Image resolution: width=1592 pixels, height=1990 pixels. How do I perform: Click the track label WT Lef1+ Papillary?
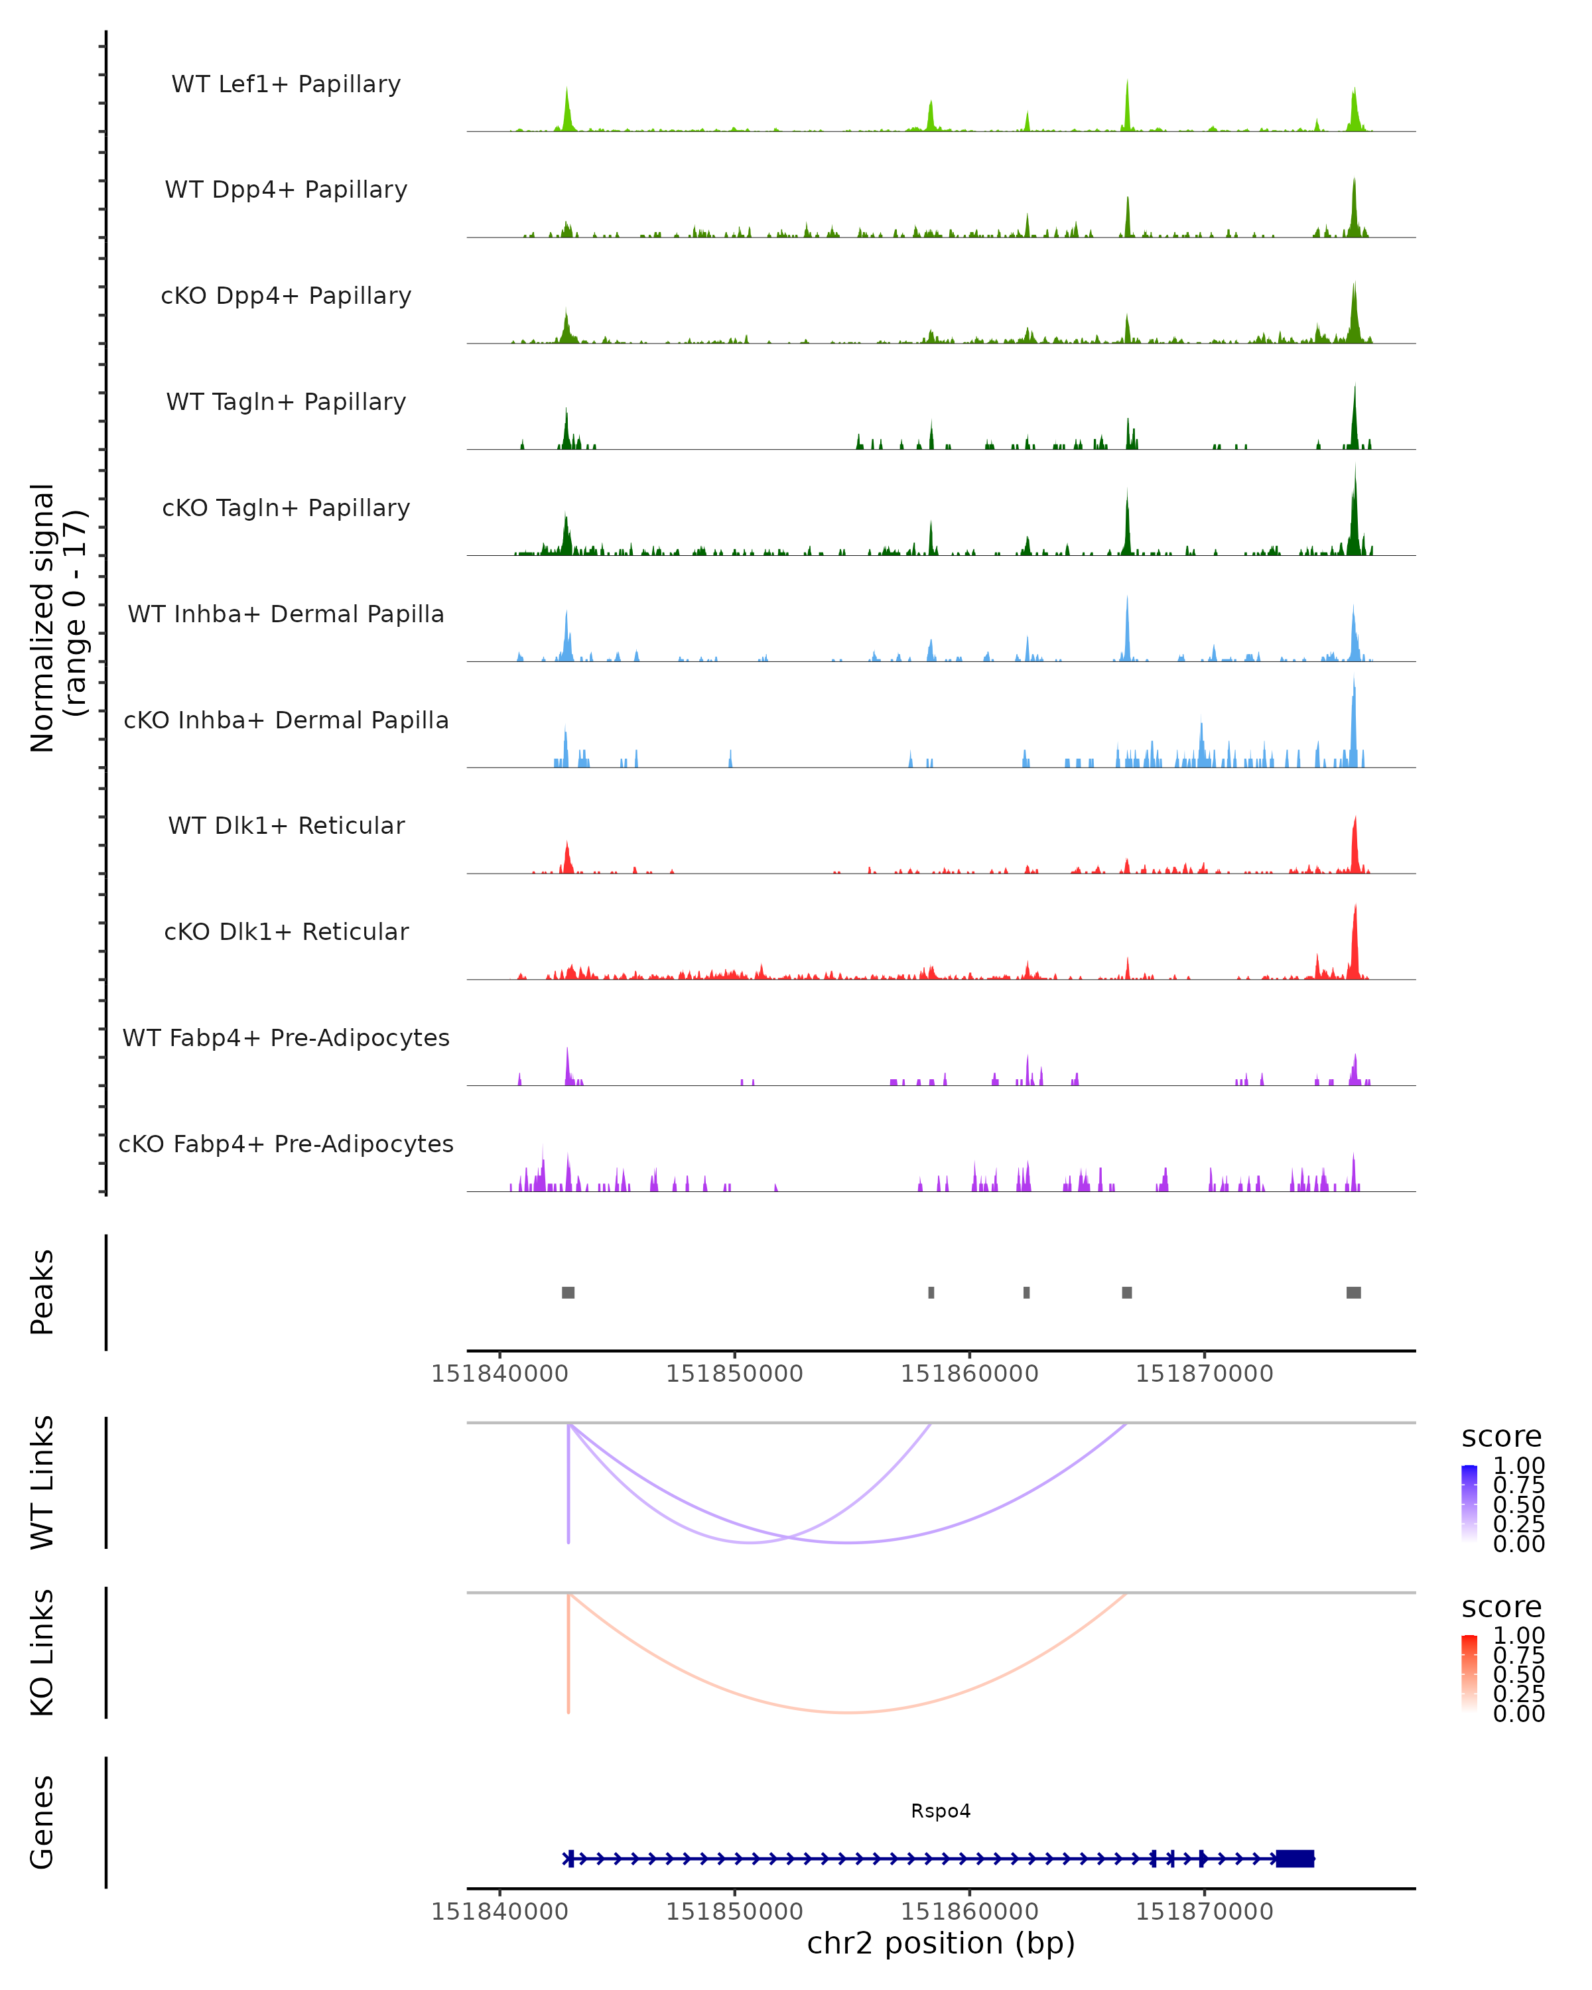tap(286, 84)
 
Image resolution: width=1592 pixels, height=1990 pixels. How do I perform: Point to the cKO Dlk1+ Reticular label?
tap(286, 931)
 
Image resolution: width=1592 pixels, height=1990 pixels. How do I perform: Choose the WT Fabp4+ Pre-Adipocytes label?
tap(286, 1037)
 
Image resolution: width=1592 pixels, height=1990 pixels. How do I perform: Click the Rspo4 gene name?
tap(941, 1811)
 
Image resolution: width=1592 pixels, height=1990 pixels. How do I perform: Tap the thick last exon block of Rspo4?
tap(1295, 1858)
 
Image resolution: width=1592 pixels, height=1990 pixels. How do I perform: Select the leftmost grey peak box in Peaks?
tap(568, 1292)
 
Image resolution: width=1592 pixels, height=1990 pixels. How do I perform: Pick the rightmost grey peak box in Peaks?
tap(1353, 1292)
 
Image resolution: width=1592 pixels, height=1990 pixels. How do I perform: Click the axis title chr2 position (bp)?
tap(941, 1943)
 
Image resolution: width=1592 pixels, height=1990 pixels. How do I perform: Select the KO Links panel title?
tap(42, 1652)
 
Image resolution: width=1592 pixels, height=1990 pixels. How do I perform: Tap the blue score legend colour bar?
tap(1469, 1502)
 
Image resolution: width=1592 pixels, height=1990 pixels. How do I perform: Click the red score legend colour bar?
tap(1469, 1672)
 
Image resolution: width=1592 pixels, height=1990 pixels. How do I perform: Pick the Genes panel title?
tap(42, 1823)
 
